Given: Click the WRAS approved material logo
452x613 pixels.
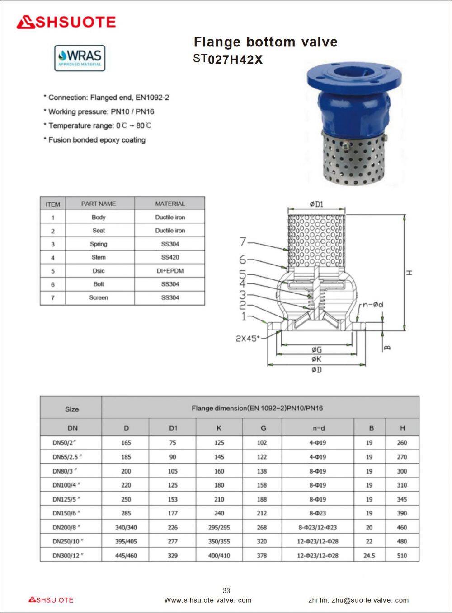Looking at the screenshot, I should (x=80, y=58).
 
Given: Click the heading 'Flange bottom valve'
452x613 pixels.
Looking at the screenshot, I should (x=265, y=42).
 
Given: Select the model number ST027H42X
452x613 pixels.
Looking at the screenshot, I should (x=228, y=60).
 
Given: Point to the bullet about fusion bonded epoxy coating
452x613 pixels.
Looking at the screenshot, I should (x=94, y=140).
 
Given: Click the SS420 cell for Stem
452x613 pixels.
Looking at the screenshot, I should (x=170, y=257).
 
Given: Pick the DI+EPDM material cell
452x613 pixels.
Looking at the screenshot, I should (x=170, y=271).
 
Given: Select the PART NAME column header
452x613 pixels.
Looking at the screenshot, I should (x=99, y=204).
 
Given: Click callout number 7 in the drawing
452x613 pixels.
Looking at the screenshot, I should (x=243, y=242).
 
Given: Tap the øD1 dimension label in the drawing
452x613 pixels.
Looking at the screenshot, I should (x=316, y=204).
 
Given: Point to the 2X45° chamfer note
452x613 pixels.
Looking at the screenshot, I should (x=248, y=338).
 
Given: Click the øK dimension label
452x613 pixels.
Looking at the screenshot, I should (x=316, y=359).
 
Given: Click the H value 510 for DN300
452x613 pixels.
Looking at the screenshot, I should (x=402, y=556).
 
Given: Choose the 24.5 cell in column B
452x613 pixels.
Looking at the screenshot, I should (x=369, y=556).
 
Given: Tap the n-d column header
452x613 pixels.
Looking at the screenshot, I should (x=318, y=428).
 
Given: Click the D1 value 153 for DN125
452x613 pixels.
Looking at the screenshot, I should (x=173, y=499).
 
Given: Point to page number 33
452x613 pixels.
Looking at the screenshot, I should (x=226, y=590).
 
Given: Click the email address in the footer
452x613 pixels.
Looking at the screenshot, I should (x=358, y=600).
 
